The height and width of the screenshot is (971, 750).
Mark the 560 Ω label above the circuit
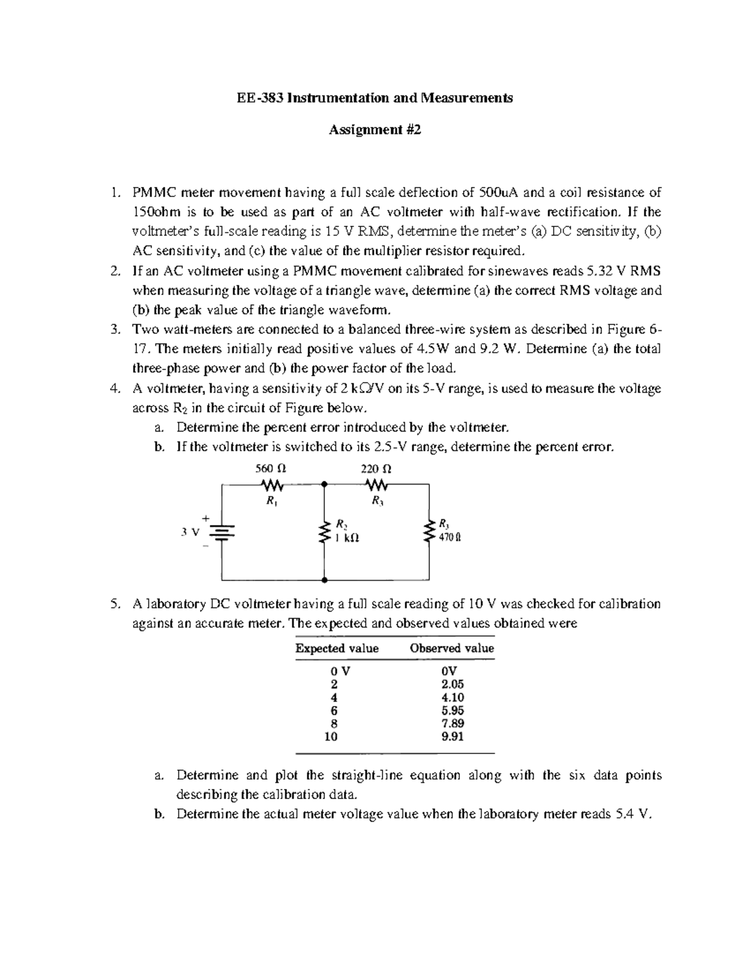click(271, 468)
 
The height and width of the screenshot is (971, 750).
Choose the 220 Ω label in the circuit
click(377, 468)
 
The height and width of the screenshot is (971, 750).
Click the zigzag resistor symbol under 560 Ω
click(272, 485)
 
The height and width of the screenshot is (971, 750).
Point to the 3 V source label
click(189, 533)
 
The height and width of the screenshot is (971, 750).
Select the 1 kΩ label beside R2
click(347, 537)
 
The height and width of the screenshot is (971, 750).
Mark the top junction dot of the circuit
click(324, 484)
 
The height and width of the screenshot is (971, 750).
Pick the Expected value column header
click(337, 648)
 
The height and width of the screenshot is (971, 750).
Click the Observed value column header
click(451, 648)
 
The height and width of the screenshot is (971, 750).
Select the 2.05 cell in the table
click(452, 684)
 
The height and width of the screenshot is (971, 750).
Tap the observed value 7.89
click(452, 723)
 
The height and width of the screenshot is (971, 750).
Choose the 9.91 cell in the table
click(452, 737)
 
